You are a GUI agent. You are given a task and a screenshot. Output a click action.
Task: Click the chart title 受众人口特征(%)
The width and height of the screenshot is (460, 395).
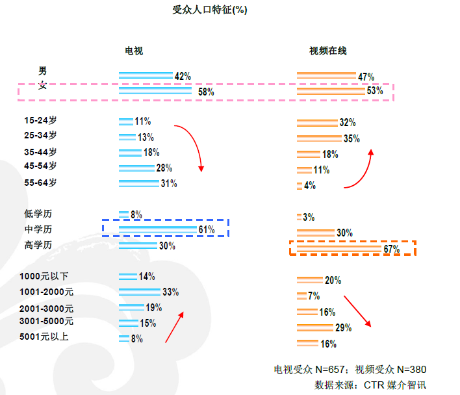[209, 10]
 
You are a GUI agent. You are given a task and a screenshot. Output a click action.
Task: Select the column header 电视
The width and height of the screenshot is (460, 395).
[134, 51]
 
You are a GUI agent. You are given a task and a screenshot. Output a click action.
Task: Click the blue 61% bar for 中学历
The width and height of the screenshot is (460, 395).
[158, 230]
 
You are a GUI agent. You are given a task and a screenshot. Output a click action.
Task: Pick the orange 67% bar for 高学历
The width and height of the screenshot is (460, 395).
[339, 249]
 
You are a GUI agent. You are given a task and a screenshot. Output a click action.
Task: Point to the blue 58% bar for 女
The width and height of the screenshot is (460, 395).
[155, 92]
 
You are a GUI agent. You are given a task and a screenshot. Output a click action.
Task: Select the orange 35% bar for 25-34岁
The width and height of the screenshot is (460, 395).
[319, 138]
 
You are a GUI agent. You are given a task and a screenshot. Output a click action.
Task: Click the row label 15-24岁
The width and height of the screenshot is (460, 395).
[40, 120]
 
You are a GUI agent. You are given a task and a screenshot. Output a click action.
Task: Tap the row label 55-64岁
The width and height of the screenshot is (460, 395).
[40, 183]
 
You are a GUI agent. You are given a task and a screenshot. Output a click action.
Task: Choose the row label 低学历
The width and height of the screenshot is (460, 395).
[37, 214]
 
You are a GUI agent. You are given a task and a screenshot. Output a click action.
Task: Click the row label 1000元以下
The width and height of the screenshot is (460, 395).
[44, 277]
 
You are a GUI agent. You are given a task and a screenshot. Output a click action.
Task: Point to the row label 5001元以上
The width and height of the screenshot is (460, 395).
[44, 337]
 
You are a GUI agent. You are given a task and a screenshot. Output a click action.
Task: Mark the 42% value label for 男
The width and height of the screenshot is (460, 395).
[183, 76]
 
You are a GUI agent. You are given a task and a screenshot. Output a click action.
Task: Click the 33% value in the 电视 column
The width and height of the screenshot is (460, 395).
[170, 292]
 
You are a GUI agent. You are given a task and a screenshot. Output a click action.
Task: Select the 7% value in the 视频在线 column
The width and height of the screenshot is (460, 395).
[314, 296]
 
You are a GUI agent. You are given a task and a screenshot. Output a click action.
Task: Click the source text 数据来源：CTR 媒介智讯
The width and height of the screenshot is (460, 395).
[370, 385]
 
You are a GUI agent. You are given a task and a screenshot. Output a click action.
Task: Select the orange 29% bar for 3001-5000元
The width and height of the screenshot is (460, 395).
[315, 327]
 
